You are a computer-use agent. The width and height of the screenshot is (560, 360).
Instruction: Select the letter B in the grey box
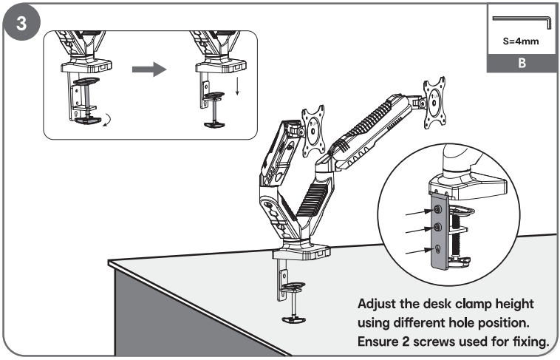tap(521, 64)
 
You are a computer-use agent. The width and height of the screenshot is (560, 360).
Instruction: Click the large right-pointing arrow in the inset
tap(148, 70)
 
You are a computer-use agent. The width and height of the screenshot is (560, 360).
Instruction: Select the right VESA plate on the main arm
tap(434, 98)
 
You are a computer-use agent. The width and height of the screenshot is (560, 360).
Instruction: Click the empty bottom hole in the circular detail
tap(437, 249)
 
